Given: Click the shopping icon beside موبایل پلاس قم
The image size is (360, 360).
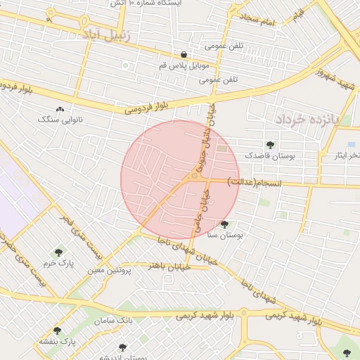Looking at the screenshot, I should (184, 55).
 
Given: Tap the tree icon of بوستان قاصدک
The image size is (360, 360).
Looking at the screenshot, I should (270, 144).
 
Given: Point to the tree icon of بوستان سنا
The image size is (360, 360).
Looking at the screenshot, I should (224, 225).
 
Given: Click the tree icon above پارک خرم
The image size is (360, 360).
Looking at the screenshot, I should (58, 252).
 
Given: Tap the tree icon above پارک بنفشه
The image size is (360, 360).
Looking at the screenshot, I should (57, 330).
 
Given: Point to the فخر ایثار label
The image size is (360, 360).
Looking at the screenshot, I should (346, 154).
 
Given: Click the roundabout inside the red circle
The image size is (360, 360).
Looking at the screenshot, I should (194, 176).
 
